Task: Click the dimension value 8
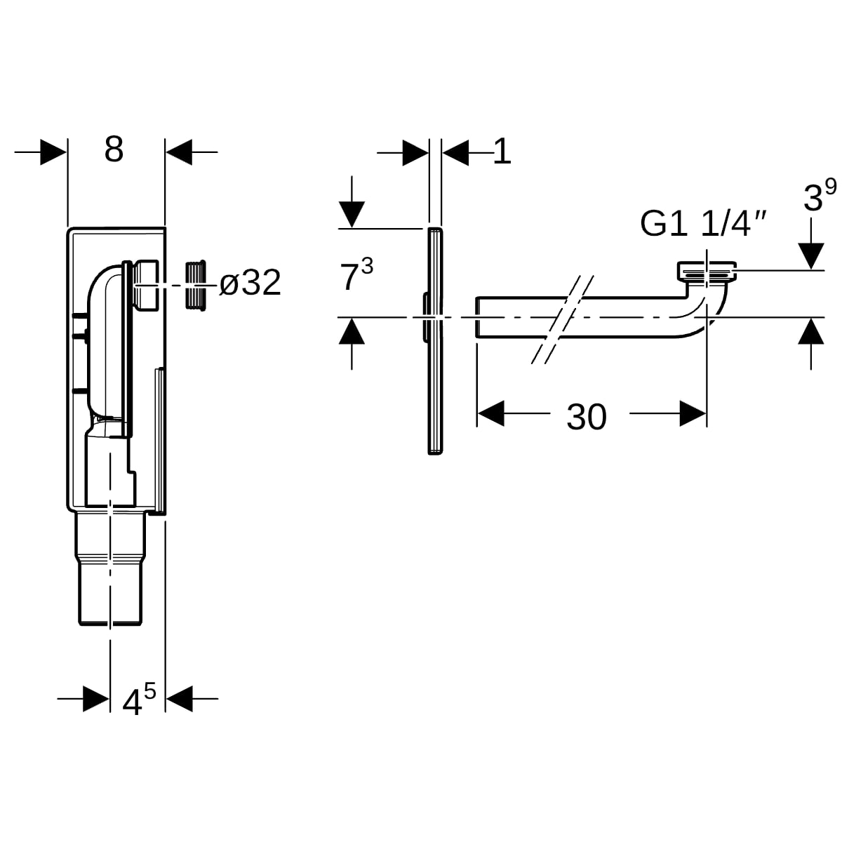coord(114,149)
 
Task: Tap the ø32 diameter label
coord(250,283)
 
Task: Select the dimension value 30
coord(587,417)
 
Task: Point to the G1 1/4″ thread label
coord(703,224)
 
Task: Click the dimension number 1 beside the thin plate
coord(502,152)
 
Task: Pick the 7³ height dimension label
coord(356,274)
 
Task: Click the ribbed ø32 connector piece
coord(196,286)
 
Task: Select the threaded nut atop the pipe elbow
coord(707,272)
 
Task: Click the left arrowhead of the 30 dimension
coord(490,413)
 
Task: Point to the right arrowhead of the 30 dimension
coord(693,413)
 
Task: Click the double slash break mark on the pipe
coord(562,319)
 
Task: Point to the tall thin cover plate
coord(435,341)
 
